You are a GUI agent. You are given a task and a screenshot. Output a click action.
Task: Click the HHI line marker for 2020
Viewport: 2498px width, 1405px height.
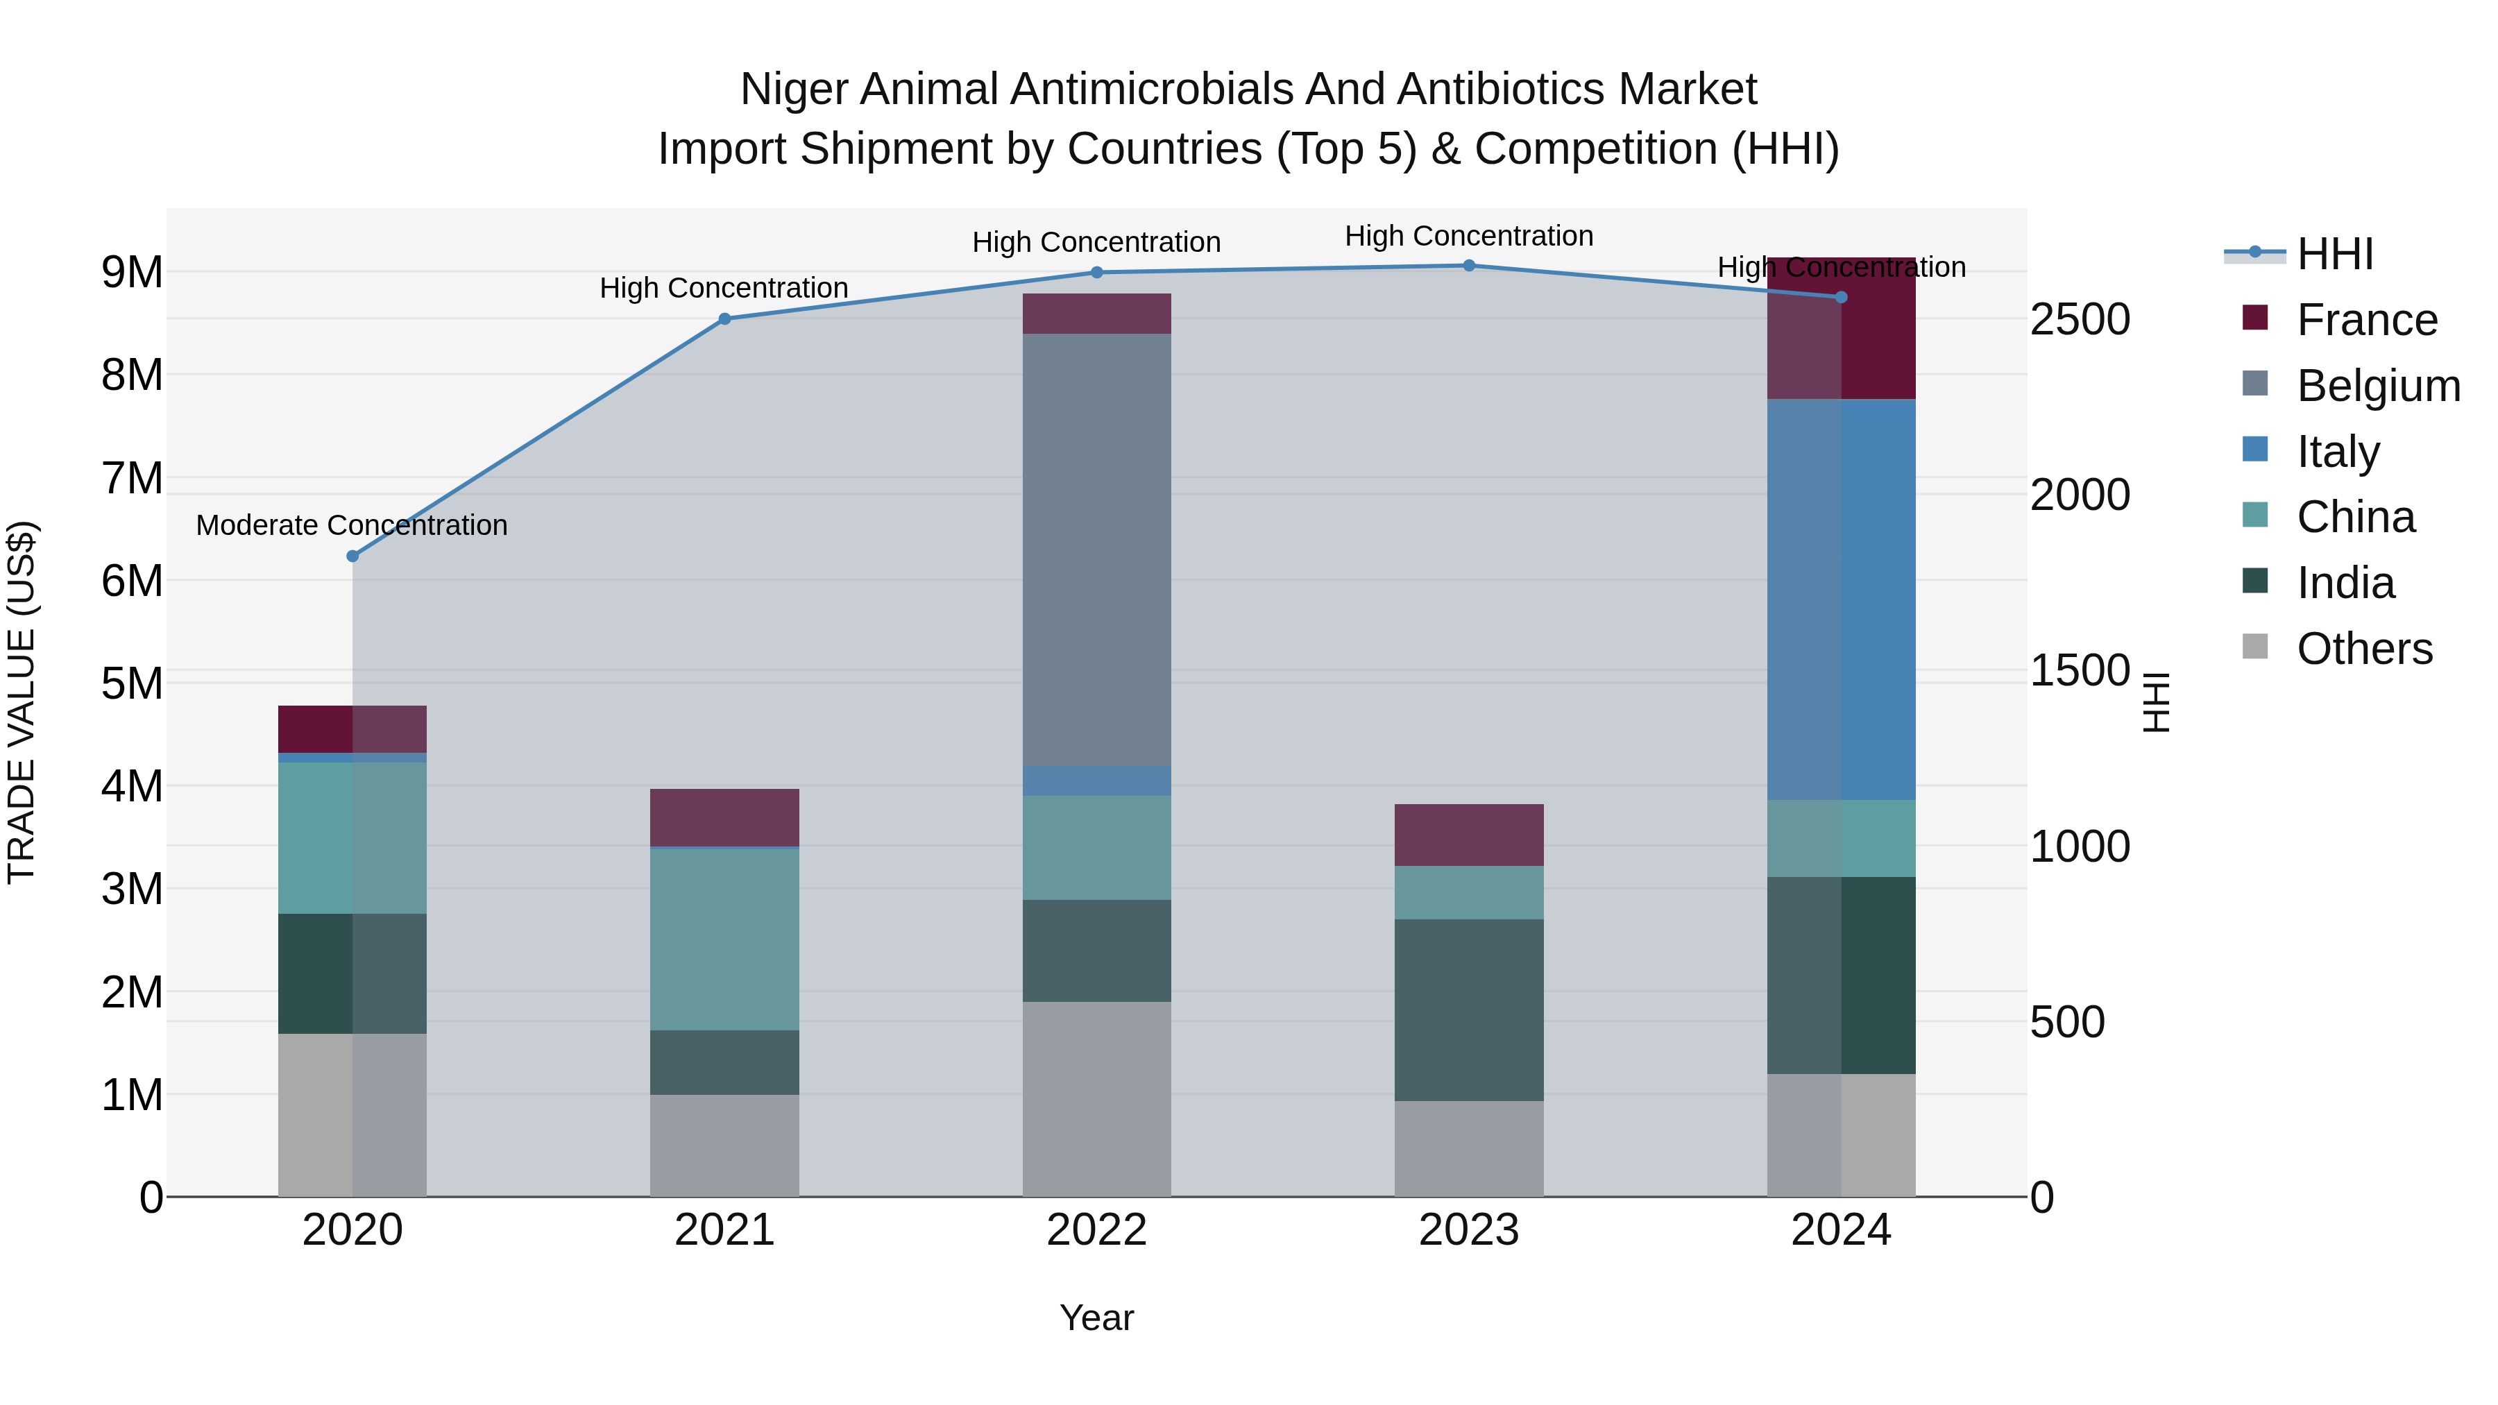click(x=353, y=556)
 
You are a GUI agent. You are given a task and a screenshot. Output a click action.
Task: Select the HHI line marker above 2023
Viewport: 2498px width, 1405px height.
click(x=1468, y=266)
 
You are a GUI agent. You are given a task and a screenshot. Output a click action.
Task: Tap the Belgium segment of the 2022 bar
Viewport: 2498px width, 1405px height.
click(x=1097, y=550)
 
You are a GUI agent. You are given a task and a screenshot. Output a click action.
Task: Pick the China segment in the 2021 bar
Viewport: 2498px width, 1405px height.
click(x=724, y=939)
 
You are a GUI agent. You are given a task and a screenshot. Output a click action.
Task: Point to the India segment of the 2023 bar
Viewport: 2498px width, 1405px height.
click(x=1468, y=1010)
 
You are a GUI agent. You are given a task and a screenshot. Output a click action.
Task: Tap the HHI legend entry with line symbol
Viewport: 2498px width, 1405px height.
click(x=2334, y=254)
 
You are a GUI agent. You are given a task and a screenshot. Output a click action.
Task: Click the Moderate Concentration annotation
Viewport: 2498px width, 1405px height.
click(x=352, y=525)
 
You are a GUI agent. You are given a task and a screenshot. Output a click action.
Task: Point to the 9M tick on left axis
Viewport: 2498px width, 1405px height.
click(x=132, y=273)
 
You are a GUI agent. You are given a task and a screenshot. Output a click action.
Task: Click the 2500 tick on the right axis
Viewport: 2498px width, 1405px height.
click(x=2080, y=320)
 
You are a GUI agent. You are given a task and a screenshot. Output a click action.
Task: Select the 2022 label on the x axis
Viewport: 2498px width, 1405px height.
click(x=1097, y=1230)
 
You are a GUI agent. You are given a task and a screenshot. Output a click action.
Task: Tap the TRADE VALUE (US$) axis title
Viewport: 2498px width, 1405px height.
click(x=22, y=702)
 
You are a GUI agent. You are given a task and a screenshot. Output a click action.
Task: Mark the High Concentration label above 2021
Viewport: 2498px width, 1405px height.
click(x=724, y=288)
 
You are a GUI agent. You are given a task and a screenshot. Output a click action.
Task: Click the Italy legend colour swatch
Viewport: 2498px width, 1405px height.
click(x=2256, y=450)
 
